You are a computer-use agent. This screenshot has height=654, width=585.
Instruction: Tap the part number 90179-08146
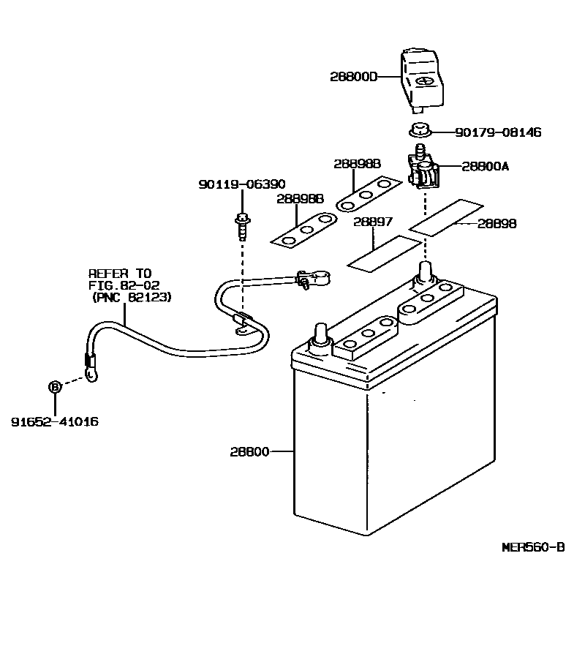coord(498,132)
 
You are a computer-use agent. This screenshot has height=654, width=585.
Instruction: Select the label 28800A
coord(485,167)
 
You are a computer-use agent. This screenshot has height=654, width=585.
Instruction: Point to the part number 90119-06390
coord(241,184)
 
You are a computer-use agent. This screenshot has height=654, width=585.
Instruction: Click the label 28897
coord(372,221)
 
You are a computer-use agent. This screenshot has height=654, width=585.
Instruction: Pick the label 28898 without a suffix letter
coord(497,224)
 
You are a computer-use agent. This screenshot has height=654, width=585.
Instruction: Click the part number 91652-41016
coord(55,422)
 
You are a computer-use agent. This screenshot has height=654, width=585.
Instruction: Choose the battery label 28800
coord(251,452)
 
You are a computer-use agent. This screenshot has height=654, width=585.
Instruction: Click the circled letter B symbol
coord(55,386)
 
